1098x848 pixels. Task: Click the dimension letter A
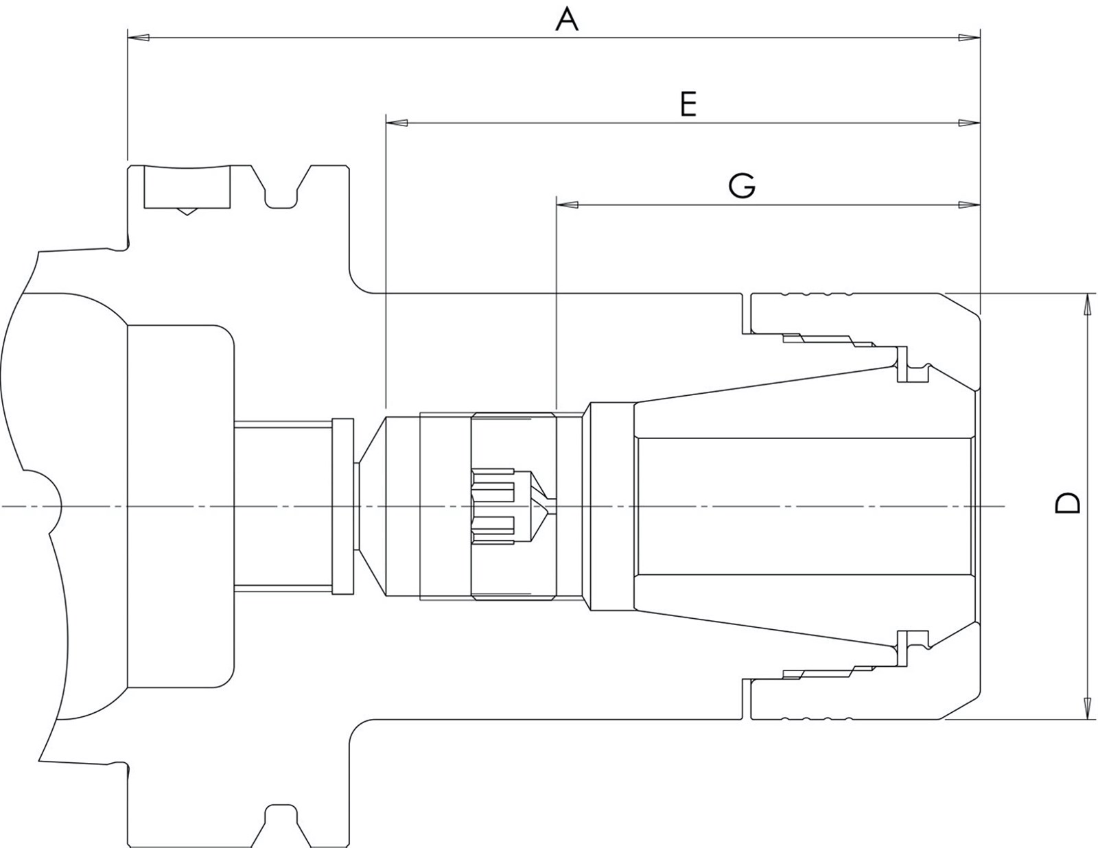click(x=567, y=20)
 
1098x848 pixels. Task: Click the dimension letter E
click(x=688, y=104)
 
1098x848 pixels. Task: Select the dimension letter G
click(x=742, y=186)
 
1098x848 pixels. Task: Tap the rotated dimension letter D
click(x=1068, y=504)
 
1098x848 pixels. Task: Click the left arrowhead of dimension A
click(x=139, y=37)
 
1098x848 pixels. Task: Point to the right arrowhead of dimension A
click(x=969, y=37)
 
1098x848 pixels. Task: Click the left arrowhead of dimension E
click(x=397, y=123)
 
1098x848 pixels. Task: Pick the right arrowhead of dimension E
click(x=969, y=123)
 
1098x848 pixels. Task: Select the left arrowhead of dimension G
click(x=567, y=205)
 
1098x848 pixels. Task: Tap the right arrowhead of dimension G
click(x=969, y=205)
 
